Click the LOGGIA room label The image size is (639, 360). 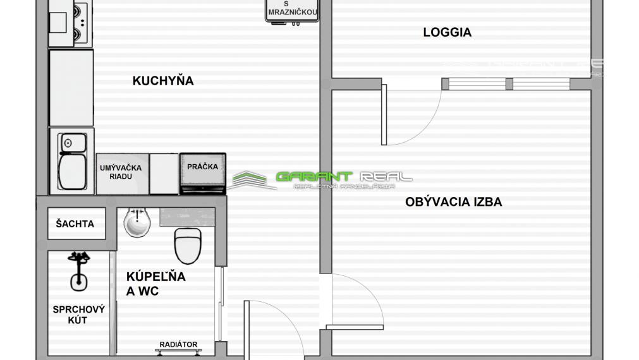tap(447, 32)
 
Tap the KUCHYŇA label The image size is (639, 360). tap(162, 81)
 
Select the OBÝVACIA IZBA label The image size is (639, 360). tap(453, 202)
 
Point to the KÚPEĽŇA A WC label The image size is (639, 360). tap(155, 284)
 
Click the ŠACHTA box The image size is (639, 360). tap(76, 224)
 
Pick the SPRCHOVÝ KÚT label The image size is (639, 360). tap(78, 315)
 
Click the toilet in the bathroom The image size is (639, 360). tap(187, 244)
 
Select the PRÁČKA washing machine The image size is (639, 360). tap(202, 172)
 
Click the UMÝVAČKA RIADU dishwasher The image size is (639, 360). tap(122, 173)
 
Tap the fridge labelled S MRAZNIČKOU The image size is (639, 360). tap(291, 11)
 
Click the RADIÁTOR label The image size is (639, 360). tap(178, 345)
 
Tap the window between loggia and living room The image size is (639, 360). tap(506, 84)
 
